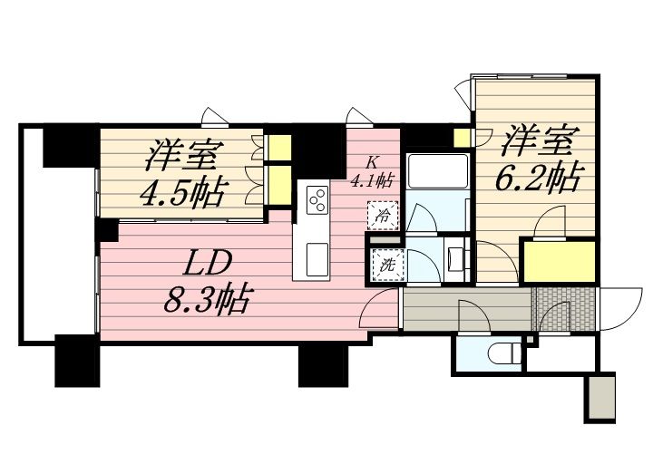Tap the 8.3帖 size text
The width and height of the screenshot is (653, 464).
tap(207, 299)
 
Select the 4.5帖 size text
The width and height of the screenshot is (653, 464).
tap(182, 192)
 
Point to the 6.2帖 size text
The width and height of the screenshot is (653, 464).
tap(538, 178)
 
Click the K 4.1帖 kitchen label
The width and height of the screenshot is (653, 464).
tap(372, 173)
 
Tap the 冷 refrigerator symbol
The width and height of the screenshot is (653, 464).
tap(383, 216)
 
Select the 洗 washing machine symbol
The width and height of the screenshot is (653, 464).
tap(388, 265)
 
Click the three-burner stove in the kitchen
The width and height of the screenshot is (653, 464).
tap(317, 200)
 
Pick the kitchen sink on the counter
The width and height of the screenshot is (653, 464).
tap(317, 259)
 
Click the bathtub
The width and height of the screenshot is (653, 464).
tap(437, 171)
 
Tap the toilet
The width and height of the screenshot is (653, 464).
tap(505, 353)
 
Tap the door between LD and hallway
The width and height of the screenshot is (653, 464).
tap(377, 309)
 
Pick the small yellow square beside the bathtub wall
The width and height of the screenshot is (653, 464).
tap(461, 138)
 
